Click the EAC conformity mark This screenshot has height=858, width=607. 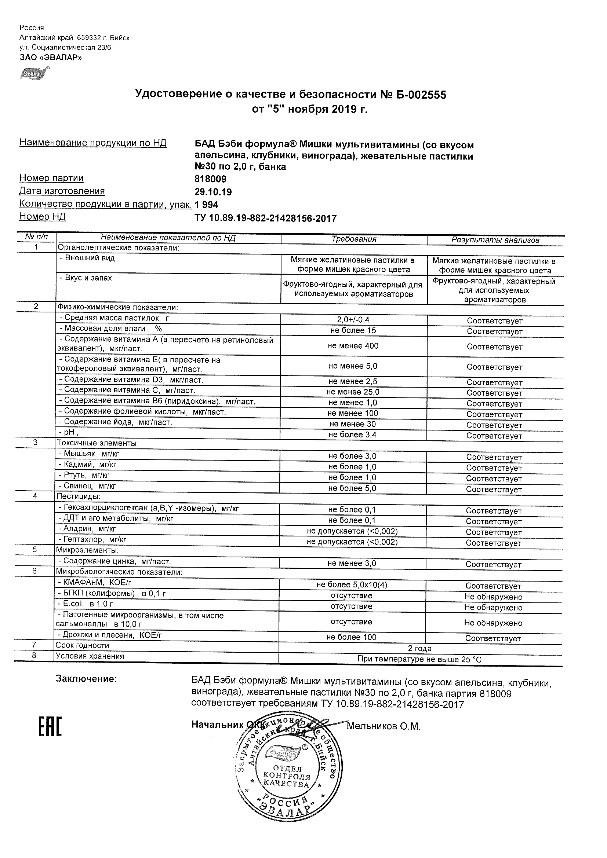click(50, 727)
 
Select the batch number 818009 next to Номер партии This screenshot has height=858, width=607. click(211, 179)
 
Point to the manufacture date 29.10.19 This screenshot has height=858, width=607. click(213, 192)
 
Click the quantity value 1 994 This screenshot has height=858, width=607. click(207, 205)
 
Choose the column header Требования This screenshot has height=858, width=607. click(354, 239)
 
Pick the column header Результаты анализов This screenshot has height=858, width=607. click(495, 240)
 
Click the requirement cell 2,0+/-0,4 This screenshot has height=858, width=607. click(353, 320)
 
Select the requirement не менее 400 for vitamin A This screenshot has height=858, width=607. click(353, 346)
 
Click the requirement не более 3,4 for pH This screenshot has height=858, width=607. click(352, 434)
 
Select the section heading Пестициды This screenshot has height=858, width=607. click(78, 496)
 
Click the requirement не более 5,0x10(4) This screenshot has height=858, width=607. click(352, 585)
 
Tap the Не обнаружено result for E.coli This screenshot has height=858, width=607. click(493, 608)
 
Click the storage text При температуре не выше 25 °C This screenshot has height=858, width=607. click(419, 659)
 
